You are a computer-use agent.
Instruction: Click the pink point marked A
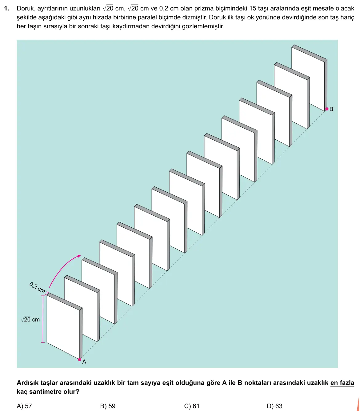80,360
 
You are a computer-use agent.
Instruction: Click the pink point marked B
327,109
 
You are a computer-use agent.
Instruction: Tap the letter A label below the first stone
84,362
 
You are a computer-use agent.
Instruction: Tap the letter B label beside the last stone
331,109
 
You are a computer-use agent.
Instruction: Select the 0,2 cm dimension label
37,287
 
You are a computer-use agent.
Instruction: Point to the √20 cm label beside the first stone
30,319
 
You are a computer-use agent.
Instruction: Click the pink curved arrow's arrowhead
79,256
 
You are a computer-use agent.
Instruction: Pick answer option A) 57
24,406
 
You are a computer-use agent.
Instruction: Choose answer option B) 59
108,406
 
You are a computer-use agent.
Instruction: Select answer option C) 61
192,406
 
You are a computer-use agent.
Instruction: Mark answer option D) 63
275,406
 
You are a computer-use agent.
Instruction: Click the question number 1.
7,8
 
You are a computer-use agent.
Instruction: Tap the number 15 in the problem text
253,8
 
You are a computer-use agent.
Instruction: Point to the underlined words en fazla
342,383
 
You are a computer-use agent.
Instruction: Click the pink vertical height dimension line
43,319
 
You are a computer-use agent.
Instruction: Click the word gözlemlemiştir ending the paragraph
203,26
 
